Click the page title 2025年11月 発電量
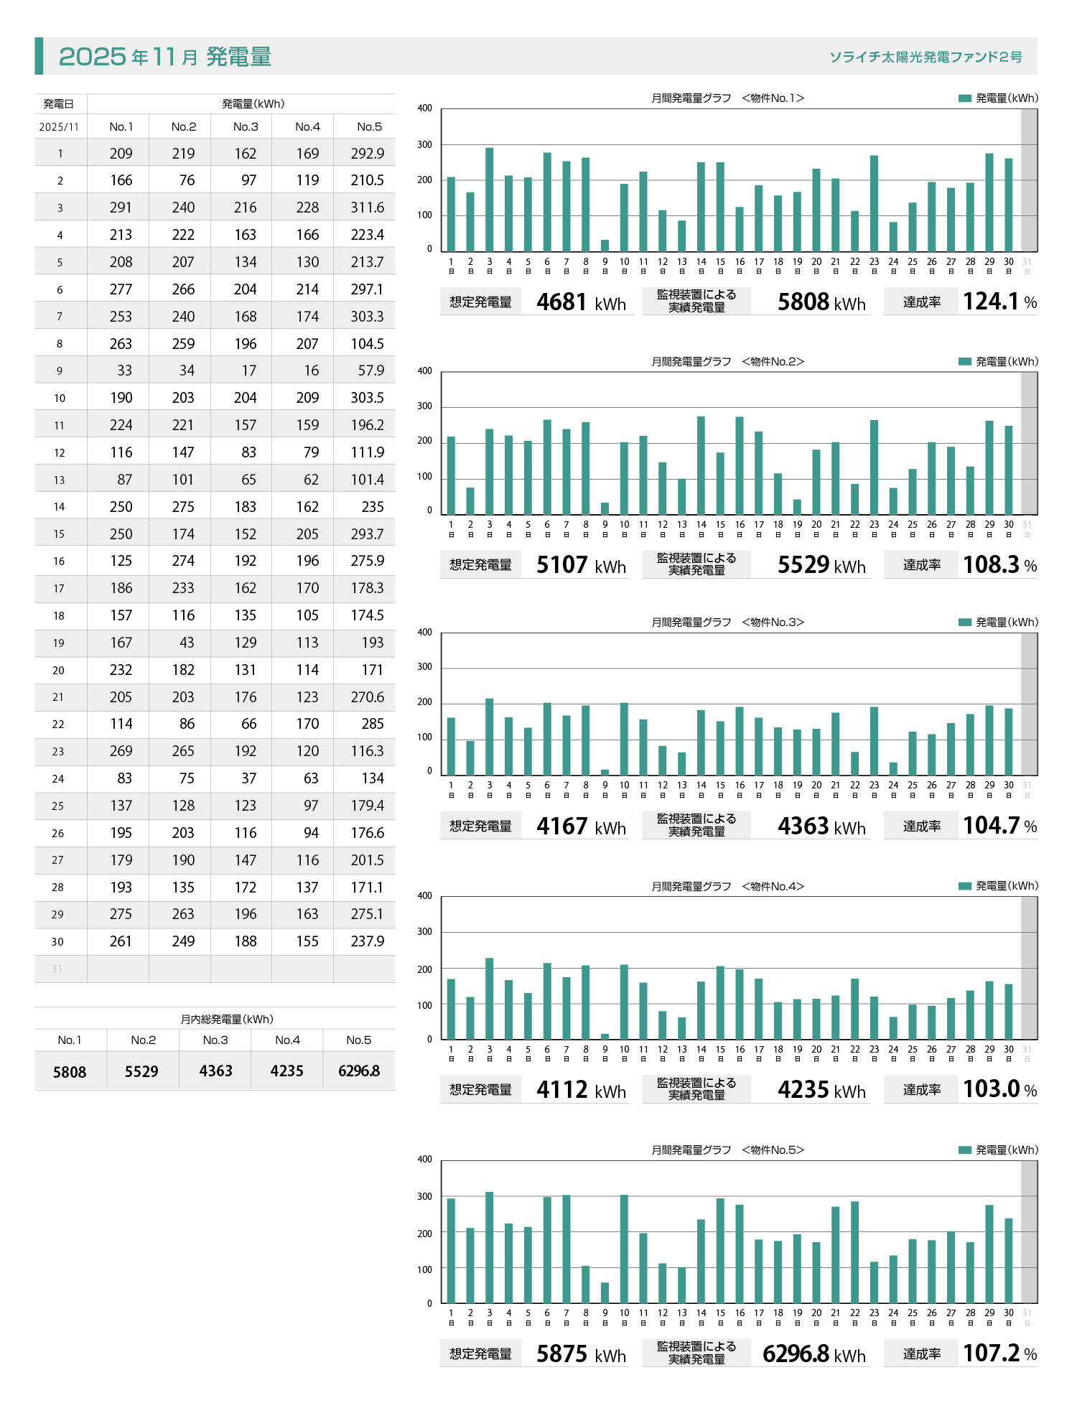tap(165, 56)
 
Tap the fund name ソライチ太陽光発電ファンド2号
tap(926, 57)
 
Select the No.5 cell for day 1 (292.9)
tap(367, 154)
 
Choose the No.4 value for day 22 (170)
tap(307, 724)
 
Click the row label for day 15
tap(59, 534)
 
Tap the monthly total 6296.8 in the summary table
tap(359, 1071)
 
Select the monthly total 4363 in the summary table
tap(215, 1071)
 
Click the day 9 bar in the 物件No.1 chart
tap(605, 246)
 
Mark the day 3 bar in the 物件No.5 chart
tap(490, 1248)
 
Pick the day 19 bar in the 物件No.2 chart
tap(797, 507)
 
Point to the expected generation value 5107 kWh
tap(581, 565)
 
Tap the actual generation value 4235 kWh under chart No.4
tap(821, 1090)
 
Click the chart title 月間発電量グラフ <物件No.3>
tap(727, 623)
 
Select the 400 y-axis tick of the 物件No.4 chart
tap(425, 896)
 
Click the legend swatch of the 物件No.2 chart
tap(965, 361)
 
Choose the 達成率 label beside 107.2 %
tap(922, 1353)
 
